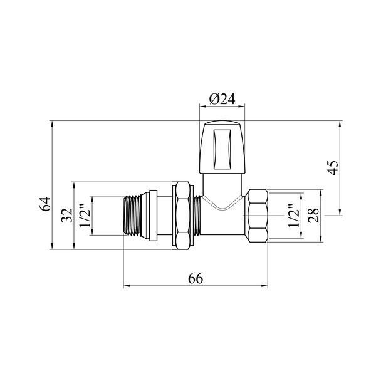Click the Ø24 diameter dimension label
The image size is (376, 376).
pyautogui.click(x=222, y=99)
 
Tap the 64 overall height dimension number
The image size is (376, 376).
pyautogui.click(x=45, y=204)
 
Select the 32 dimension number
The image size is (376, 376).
pyautogui.click(x=66, y=216)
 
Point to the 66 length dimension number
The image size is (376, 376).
pyautogui.click(x=196, y=278)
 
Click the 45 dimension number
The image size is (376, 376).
pyautogui.click(x=333, y=167)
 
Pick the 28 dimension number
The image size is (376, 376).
pyautogui.click(x=314, y=216)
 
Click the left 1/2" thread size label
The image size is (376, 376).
pyautogui.click(x=85, y=216)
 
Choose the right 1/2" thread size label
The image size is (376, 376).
pyautogui.click(x=293, y=216)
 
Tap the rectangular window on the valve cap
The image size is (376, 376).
pyautogui.click(x=222, y=150)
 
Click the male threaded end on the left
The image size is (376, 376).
pyautogui.click(x=132, y=215)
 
